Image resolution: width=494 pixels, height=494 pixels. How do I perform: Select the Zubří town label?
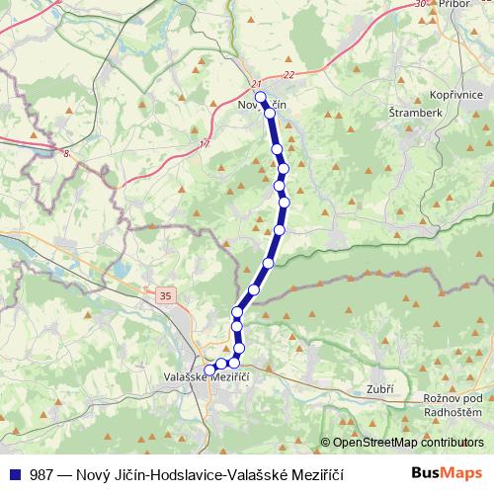pos(379,388)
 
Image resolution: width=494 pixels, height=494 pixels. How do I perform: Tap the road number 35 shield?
pos(163,293)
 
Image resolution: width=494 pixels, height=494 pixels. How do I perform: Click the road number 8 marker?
pos(67,153)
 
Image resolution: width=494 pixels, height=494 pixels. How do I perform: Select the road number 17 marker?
pos(205,145)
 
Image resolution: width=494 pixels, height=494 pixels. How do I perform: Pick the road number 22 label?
pos(288,74)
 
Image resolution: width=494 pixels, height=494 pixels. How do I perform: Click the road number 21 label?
pos(257,84)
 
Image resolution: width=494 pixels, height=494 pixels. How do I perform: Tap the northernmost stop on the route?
pos(261,98)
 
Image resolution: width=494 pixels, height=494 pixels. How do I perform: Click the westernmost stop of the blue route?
pos(208,370)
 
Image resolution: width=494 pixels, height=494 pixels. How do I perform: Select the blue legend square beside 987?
pos(15,473)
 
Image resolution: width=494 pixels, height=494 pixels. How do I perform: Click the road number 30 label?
pos(423,5)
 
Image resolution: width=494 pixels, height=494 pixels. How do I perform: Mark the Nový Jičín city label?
pos(263,104)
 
